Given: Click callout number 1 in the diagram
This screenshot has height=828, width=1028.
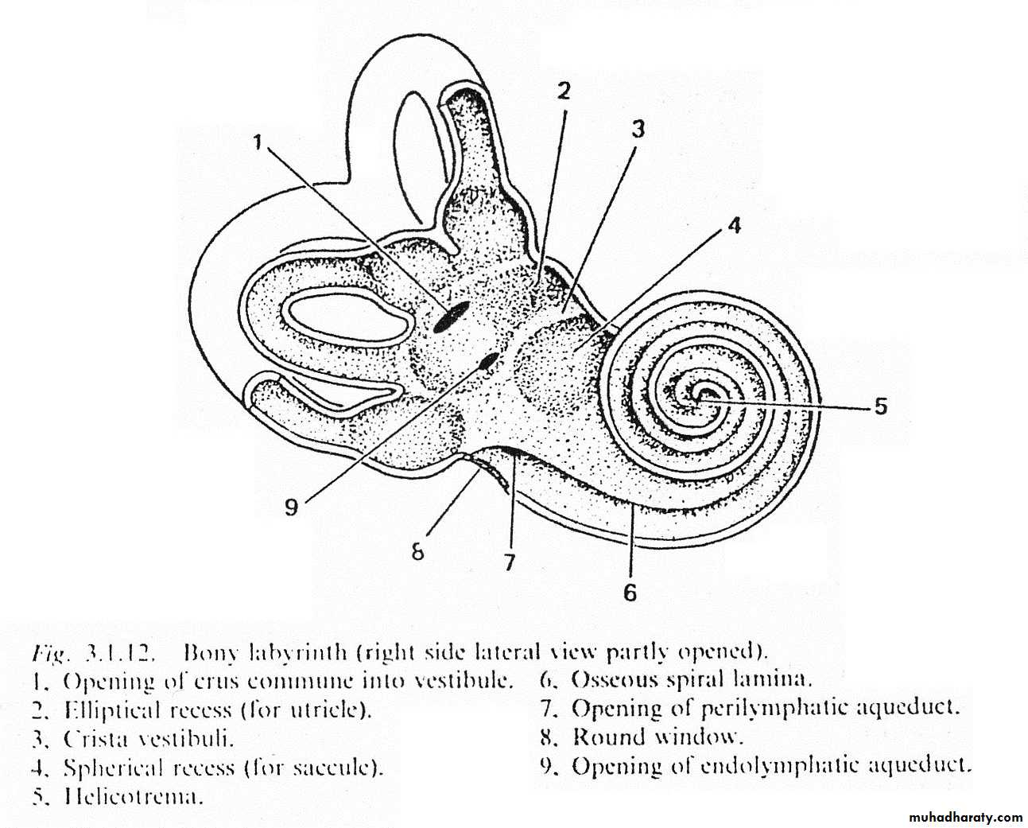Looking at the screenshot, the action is click(258, 142).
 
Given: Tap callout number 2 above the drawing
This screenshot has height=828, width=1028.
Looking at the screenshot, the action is click(564, 91).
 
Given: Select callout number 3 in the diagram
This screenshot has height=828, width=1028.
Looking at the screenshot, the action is click(638, 129).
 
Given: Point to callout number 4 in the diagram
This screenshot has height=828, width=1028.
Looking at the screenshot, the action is click(734, 226).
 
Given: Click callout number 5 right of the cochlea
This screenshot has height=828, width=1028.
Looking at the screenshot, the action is click(880, 406).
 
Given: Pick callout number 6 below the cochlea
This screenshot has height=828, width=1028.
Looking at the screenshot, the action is click(630, 593).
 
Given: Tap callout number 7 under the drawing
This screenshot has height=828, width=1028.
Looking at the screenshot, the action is click(510, 562).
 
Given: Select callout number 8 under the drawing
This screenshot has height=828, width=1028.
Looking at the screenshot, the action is click(417, 553).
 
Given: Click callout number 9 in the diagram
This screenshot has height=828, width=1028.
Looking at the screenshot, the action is click(291, 507).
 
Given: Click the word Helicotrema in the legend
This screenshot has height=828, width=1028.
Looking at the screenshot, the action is click(131, 797).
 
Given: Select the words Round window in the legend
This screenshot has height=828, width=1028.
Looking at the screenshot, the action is click(658, 737).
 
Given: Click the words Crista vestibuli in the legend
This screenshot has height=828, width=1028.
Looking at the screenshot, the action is click(149, 740).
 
